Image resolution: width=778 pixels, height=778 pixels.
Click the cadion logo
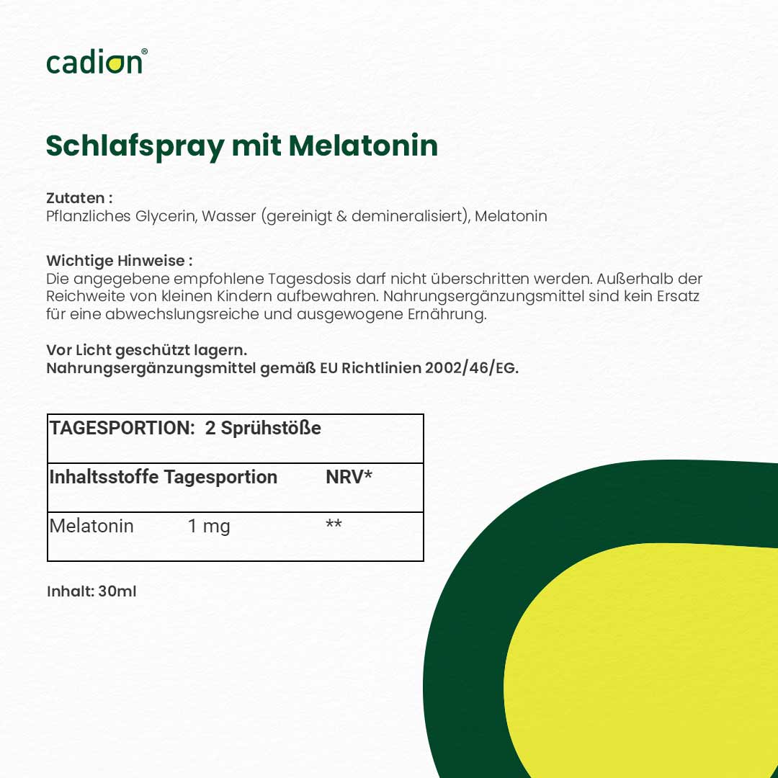pyautogui.click(x=96, y=62)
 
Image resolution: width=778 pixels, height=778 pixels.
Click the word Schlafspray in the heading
pyautogui.click(x=135, y=146)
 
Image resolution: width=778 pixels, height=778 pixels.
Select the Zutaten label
pyautogui.click(x=79, y=197)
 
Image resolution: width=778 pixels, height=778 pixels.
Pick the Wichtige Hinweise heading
pyautogui.click(x=119, y=260)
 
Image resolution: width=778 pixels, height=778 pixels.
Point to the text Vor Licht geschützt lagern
pyautogui.click(x=146, y=350)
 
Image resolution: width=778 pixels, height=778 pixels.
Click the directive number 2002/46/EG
pyautogui.click(x=471, y=368)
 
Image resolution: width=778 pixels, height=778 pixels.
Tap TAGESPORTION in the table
pyautogui.click(x=120, y=428)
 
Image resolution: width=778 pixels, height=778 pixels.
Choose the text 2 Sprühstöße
pyautogui.click(x=263, y=428)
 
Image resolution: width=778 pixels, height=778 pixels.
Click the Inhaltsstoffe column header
pyautogui.click(x=104, y=477)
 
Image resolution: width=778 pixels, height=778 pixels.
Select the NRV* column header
pyautogui.click(x=349, y=477)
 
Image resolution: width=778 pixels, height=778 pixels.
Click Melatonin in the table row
pyautogui.click(x=91, y=526)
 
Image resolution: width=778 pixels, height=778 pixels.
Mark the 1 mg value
pyautogui.click(x=209, y=526)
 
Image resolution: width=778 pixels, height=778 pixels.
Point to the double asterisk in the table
pyautogui.click(x=334, y=524)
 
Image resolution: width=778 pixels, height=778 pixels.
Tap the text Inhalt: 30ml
pyautogui.click(x=91, y=591)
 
